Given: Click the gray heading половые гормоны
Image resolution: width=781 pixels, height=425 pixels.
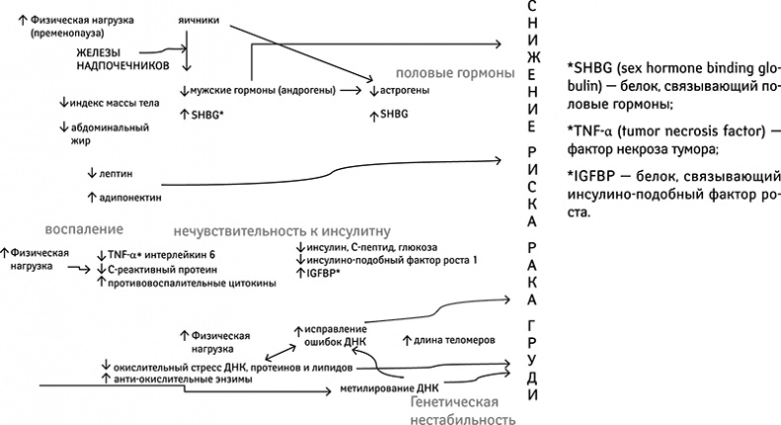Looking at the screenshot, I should click(x=455, y=74).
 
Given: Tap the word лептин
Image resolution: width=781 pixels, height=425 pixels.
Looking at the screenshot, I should click(x=118, y=173).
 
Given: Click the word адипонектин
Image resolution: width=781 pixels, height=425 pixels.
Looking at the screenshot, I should click(x=132, y=197).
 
